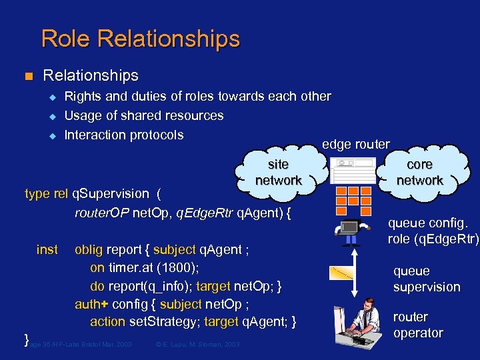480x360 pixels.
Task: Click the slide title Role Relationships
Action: [x=140, y=39]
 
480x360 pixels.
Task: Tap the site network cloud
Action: [x=278, y=173]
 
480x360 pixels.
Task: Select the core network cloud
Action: [x=419, y=172]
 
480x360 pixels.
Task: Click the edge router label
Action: [x=355, y=145]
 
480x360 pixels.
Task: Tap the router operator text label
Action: [x=418, y=325]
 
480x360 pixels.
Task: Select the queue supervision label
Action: [x=426, y=279]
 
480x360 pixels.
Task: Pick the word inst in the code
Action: [x=47, y=250]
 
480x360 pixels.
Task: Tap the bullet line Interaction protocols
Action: [x=123, y=135]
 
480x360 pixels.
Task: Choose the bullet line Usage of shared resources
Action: [x=143, y=116]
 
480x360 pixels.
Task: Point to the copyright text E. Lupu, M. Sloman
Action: [x=197, y=344]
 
